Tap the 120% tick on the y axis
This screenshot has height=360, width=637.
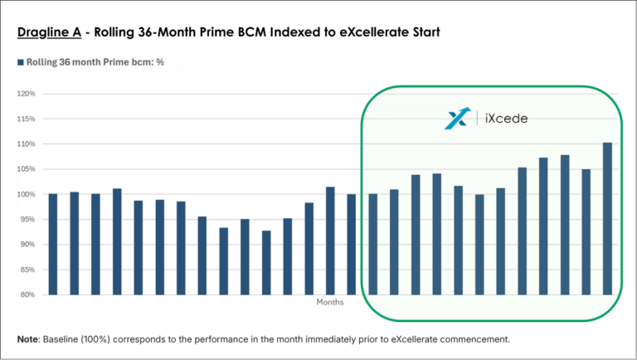pos(26,94)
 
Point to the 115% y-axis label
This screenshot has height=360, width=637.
pos(26,119)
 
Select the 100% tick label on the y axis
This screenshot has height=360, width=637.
pos(26,194)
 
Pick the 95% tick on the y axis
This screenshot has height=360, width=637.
pos(27,219)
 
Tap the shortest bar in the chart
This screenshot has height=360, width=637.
pos(265,262)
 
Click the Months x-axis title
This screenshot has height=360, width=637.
pos(329,302)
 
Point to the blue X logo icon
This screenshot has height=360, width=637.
pos(457,119)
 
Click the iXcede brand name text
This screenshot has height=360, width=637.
pos(505,119)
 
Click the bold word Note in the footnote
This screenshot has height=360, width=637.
pos(27,339)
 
